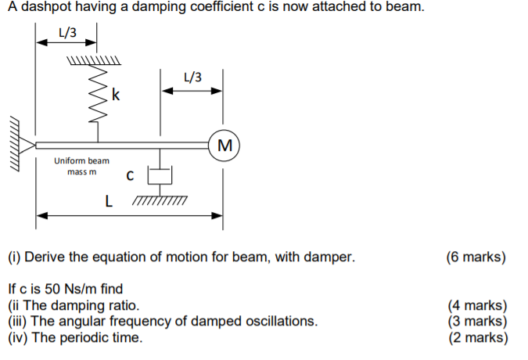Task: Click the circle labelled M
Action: pos(225,145)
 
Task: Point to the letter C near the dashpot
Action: pos(131,177)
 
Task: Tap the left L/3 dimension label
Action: pos(68,32)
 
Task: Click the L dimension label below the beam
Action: pos(109,202)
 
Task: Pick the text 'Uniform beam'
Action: pos(81,160)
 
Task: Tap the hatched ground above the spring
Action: pos(94,60)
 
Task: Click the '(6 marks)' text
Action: pos(476,257)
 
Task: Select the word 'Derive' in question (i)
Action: pos(47,257)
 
